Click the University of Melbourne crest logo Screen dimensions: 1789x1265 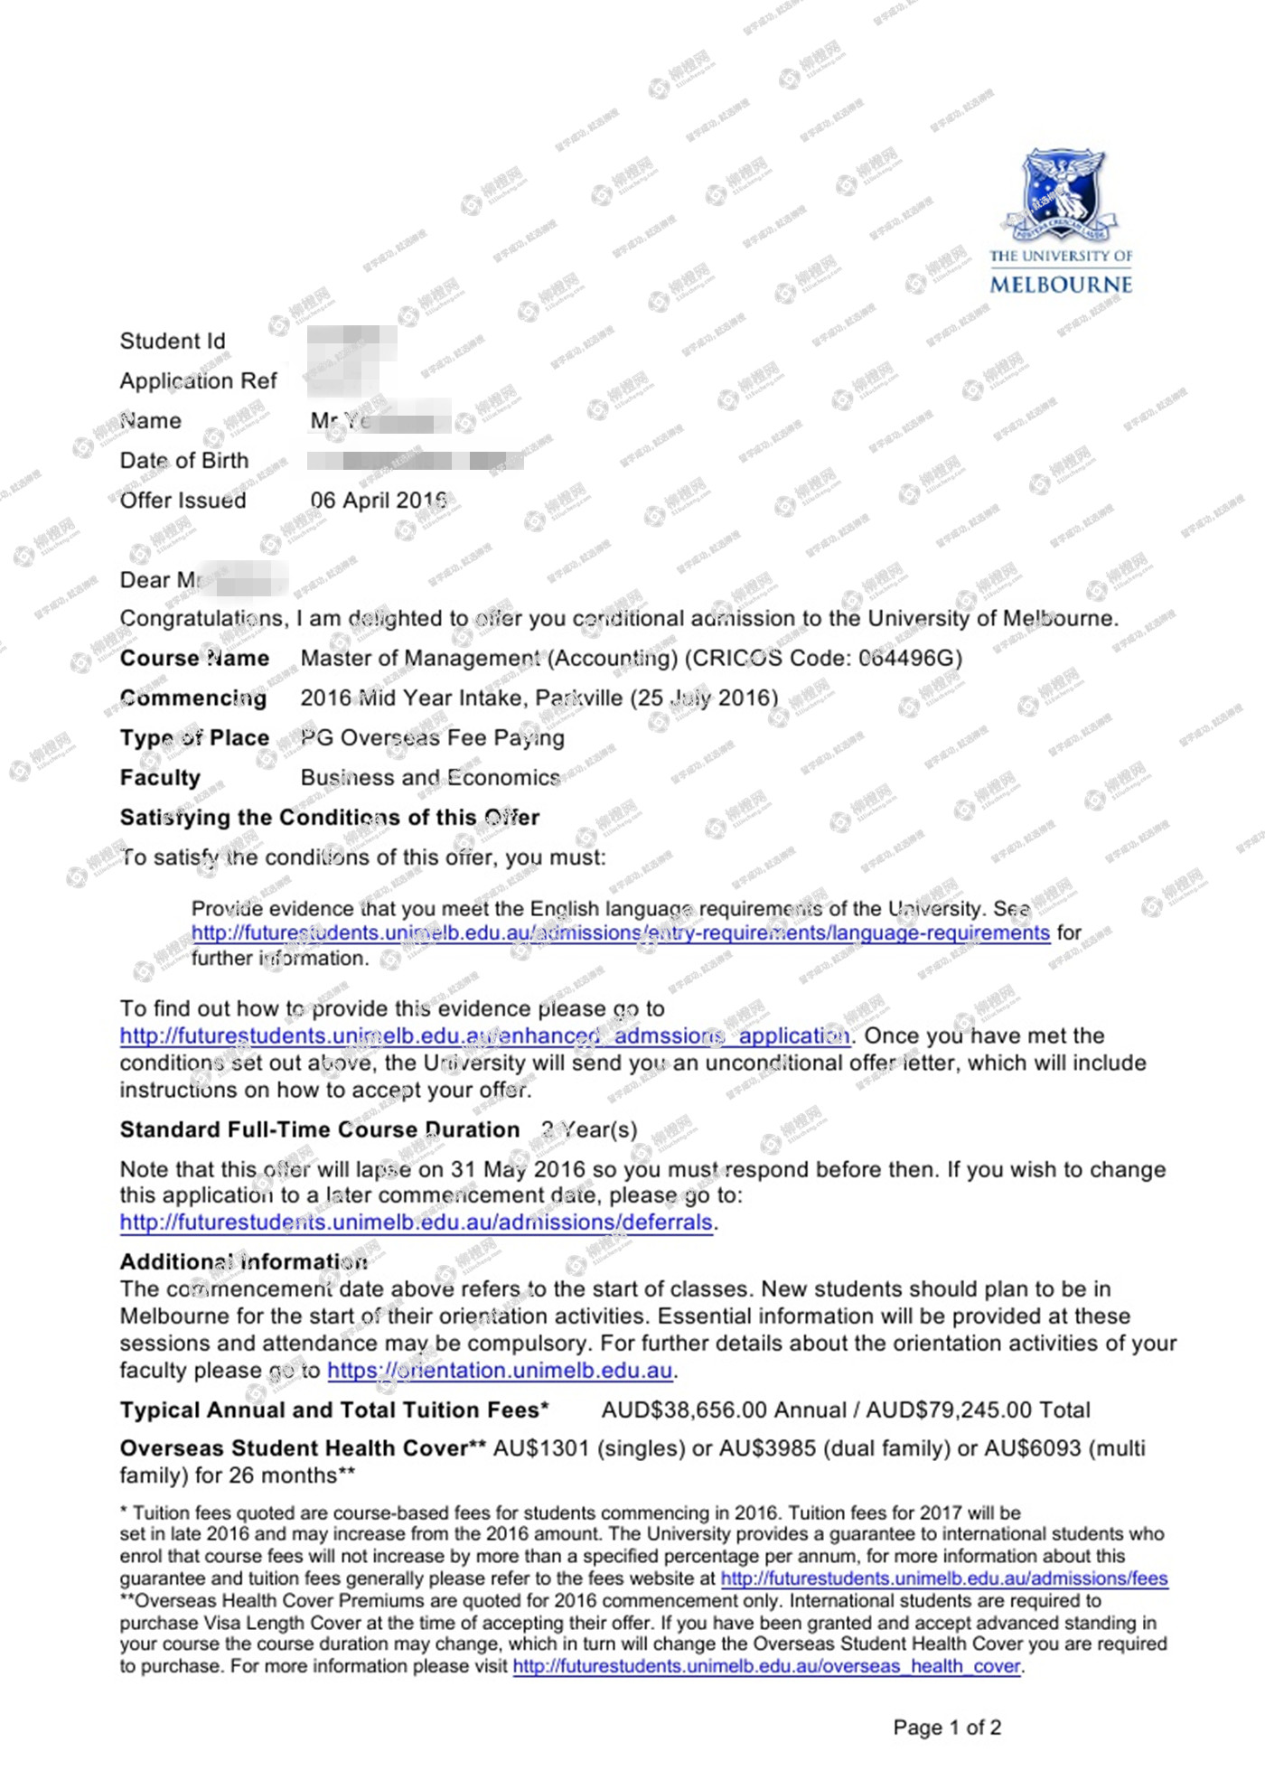coord(1063,195)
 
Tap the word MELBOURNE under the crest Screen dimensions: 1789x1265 coord(1061,285)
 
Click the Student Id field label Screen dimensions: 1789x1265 coord(173,342)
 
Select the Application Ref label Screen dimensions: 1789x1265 coord(198,381)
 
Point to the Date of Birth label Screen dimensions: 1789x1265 coord(183,461)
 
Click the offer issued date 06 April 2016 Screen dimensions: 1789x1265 coord(379,501)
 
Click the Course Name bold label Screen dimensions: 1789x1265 coord(194,658)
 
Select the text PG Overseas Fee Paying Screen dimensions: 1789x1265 coord(433,738)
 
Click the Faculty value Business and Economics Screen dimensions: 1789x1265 coord(430,778)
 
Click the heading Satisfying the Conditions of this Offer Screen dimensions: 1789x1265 coord(329,818)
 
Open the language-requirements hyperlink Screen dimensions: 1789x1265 coord(620,933)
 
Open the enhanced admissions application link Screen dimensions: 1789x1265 coord(484,1036)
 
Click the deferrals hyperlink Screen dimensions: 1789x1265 coord(416,1222)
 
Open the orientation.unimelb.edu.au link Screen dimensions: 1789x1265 coord(500,1371)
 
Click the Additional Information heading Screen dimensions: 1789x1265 coord(243,1261)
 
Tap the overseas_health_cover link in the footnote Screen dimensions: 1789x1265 coord(766,1665)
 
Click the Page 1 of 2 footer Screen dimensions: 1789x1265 coord(947,1728)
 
